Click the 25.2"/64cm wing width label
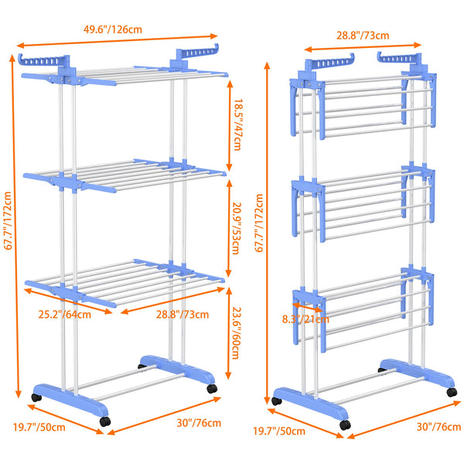click(66, 315)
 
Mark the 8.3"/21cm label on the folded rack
click(305, 319)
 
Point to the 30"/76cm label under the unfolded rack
click(199, 423)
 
